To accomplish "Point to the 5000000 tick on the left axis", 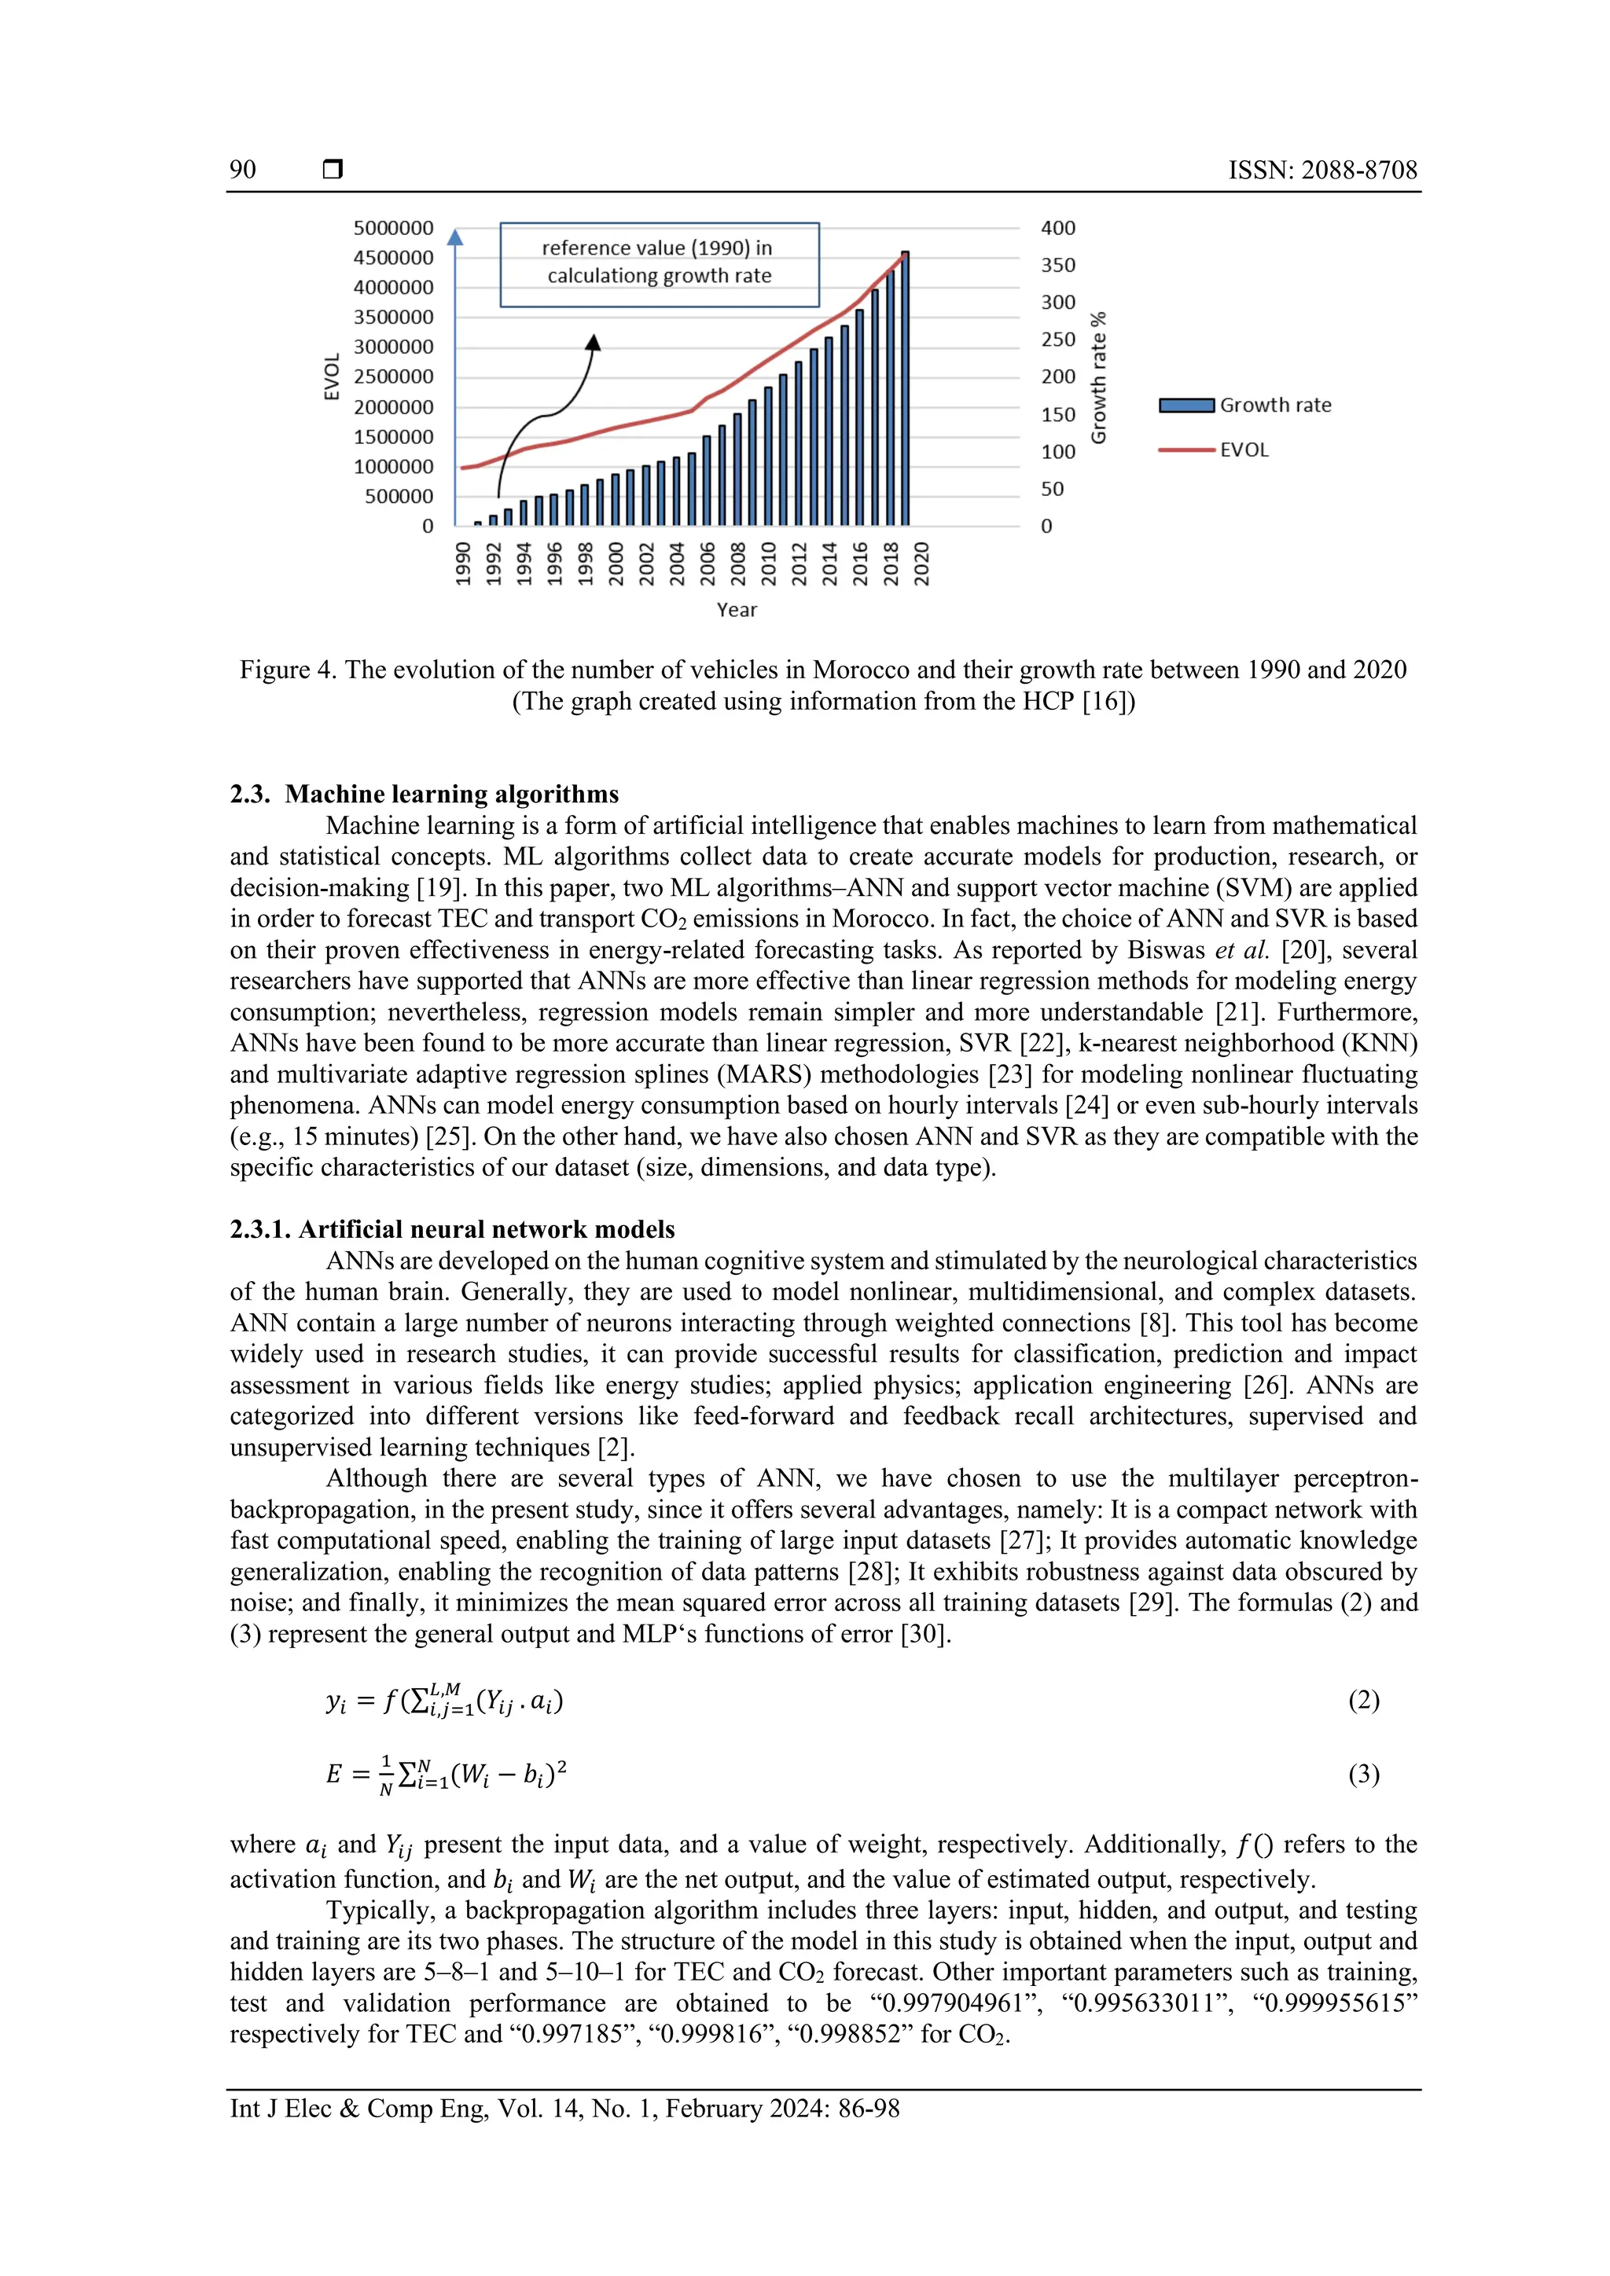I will (x=394, y=228).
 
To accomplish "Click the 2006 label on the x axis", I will (x=707, y=563).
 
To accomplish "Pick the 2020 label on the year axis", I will (x=921, y=563).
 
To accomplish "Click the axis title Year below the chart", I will (x=737, y=610).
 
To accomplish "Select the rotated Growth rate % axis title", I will (x=1097, y=378).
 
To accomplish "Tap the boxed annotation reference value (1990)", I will (x=660, y=262).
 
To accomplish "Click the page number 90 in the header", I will (x=243, y=170).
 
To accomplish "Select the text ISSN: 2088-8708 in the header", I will (x=1322, y=170).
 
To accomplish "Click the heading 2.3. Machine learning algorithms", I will (x=425, y=794).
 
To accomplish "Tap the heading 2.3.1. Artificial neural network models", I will (x=452, y=1229).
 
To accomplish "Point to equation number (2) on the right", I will (x=1363, y=1701).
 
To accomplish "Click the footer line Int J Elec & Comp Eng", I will (x=564, y=2109).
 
